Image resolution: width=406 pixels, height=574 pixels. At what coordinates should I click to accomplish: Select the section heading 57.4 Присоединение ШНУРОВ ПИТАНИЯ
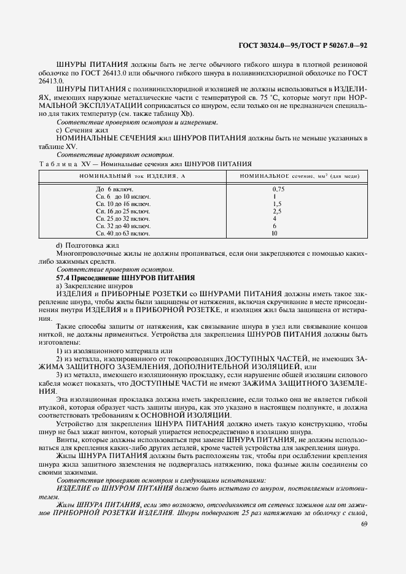125,278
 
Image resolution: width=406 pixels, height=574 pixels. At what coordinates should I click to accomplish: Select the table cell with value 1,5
277,203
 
